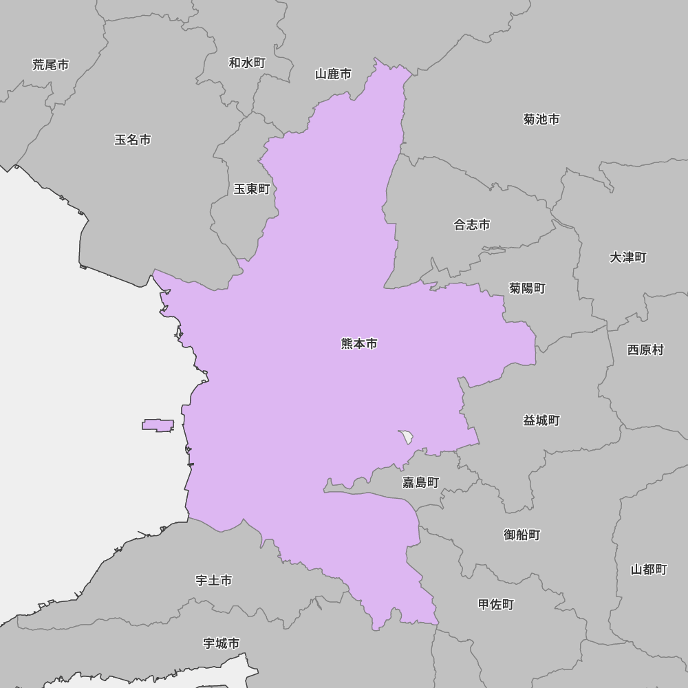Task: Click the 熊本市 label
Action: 359,344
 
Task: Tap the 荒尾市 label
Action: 51,65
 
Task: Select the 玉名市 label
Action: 133,140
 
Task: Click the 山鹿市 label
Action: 334,74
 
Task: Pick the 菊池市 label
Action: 541,120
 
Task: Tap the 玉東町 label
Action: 252,189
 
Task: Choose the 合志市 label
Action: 472,225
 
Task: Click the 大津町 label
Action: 628,257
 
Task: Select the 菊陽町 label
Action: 528,288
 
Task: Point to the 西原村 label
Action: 645,350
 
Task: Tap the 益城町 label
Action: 541,420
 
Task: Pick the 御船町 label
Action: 522,535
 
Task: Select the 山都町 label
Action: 649,570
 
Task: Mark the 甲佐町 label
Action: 496,605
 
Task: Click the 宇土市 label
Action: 214,581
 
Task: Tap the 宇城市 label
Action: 222,643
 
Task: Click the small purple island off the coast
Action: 158,425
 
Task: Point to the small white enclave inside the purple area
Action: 407,436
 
